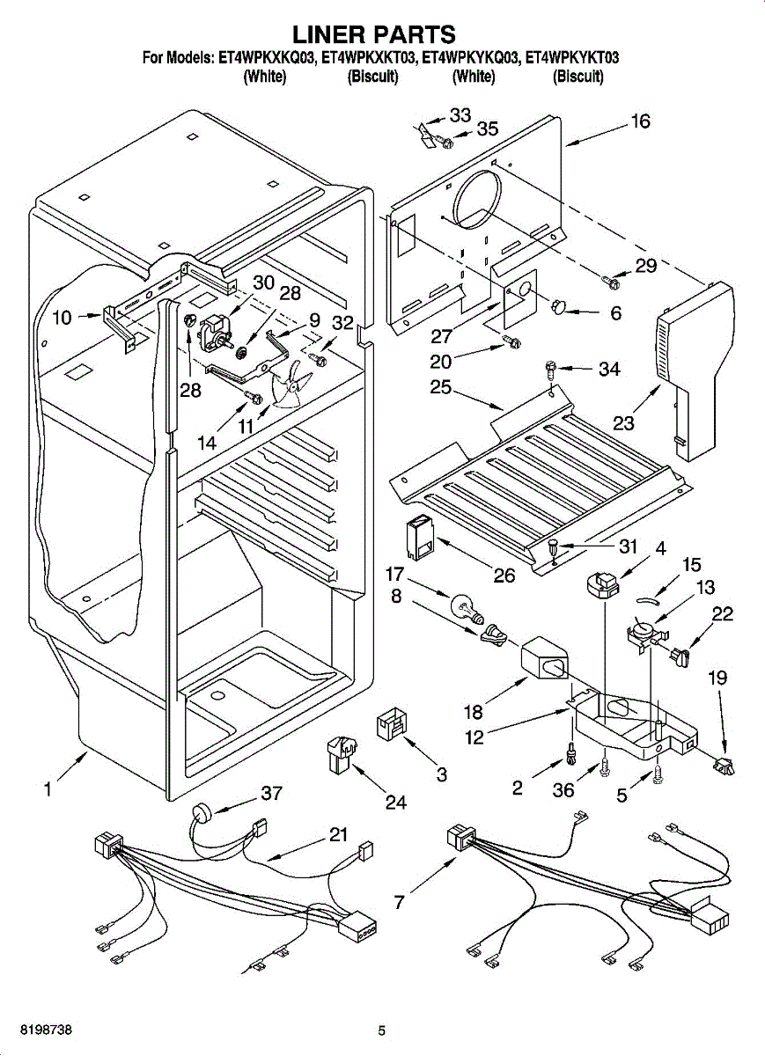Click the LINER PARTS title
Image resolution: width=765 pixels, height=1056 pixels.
point(374,34)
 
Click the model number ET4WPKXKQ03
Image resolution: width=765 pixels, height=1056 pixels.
point(267,59)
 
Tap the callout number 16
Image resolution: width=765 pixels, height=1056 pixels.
point(640,121)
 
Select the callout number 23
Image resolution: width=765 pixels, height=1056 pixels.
point(623,423)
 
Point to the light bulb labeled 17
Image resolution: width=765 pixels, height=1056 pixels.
point(464,606)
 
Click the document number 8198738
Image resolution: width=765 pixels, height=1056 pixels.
point(40,1030)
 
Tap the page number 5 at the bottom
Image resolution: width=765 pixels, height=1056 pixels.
point(382,1030)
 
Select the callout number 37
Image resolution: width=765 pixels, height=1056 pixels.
point(271,794)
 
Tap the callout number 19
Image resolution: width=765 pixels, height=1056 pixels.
point(717,678)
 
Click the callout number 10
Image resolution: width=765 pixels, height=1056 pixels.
point(62,318)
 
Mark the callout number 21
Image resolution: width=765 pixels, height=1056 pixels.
point(339,835)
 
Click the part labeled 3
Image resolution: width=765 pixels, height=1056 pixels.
point(390,726)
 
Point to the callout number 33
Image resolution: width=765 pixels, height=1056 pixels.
point(460,115)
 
